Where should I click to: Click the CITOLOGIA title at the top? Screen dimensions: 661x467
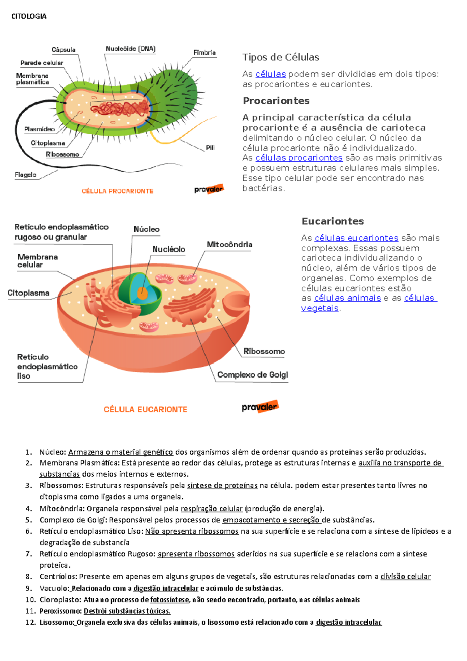[29, 16]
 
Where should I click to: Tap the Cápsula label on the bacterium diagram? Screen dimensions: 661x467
[63, 50]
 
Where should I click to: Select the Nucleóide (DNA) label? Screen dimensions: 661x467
[130, 49]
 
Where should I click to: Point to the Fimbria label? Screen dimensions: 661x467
[204, 53]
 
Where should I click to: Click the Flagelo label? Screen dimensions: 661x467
[26, 175]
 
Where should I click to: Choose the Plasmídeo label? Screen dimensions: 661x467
[39, 129]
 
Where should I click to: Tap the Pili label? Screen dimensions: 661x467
[210, 148]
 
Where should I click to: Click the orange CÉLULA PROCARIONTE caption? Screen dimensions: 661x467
[118, 191]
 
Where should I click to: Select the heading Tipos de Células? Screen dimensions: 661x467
[281, 57]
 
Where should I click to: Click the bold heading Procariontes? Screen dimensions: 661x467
[276, 101]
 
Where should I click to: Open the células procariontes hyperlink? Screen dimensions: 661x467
[299, 158]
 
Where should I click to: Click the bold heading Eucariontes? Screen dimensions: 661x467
[333, 221]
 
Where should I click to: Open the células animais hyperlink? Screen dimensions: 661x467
[347, 298]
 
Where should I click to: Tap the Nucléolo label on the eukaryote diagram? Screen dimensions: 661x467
[169, 250]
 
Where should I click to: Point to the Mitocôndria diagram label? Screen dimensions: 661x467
[230, 244]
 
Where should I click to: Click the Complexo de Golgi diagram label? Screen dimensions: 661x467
[253, 375]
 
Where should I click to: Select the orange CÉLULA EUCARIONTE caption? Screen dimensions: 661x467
[145, 410]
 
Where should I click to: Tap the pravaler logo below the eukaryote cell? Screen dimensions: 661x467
[260, 407]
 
